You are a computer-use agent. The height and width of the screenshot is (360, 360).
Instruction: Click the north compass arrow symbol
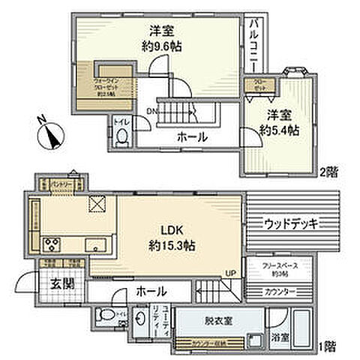click(50, 136)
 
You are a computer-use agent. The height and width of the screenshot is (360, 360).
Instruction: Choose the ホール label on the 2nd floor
click(192, 137)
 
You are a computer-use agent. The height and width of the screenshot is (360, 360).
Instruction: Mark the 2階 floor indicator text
click(328, 172)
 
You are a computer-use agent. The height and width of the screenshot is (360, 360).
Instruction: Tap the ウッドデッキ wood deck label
click(292, 223)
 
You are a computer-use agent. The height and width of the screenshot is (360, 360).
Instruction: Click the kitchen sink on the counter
click(95, 244)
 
